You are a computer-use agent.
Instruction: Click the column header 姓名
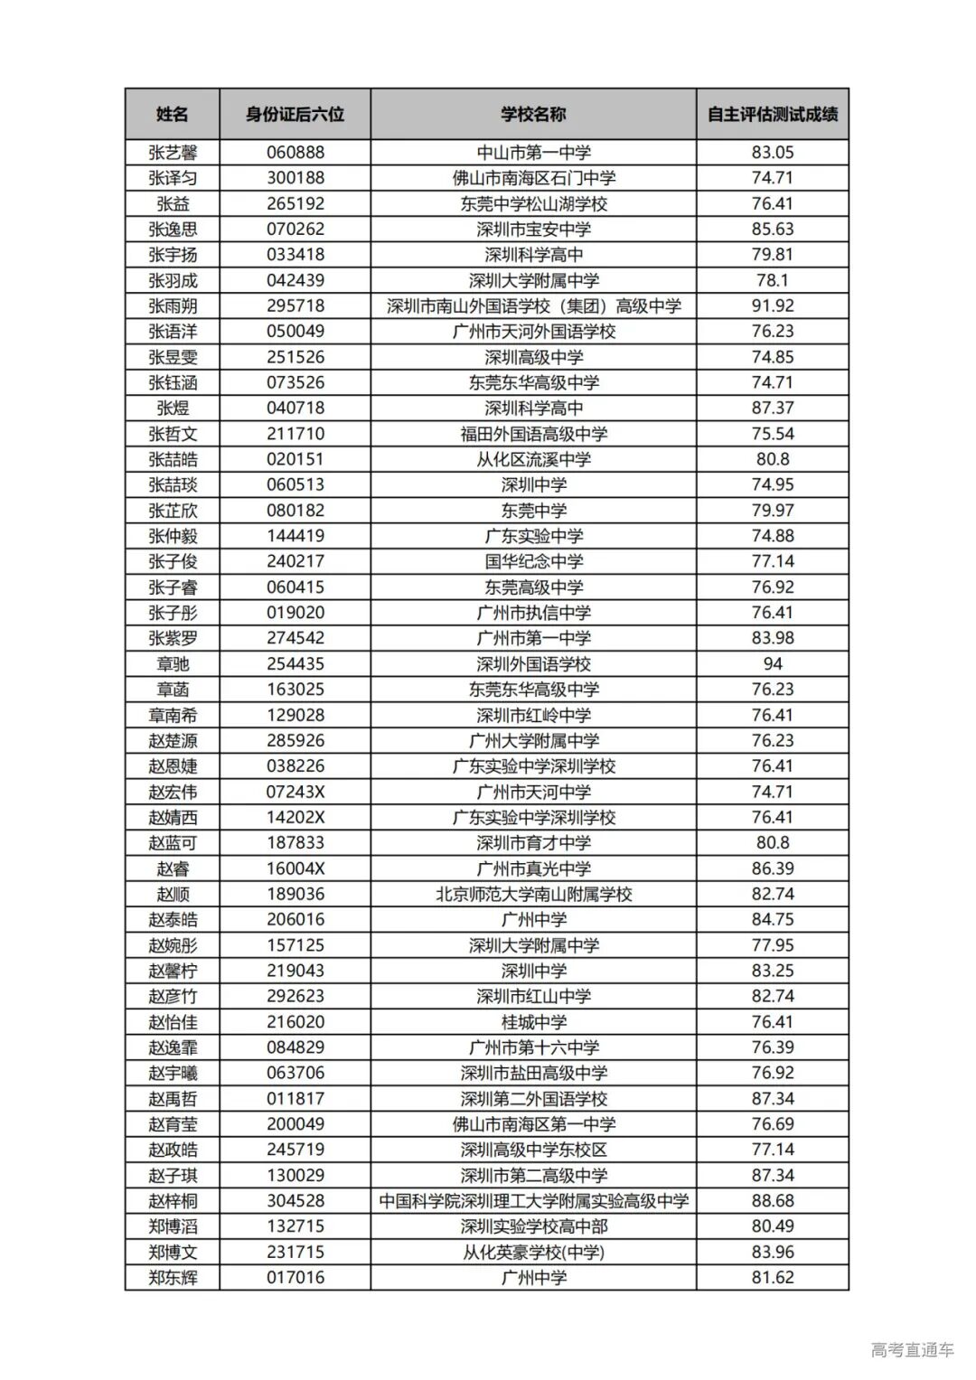coord(172,114)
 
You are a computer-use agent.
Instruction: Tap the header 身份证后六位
coord(295,114)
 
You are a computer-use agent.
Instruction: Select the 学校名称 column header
coord(533,114)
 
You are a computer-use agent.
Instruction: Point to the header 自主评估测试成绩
coord(772,114)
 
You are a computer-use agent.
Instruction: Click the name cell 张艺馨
coord(172,153)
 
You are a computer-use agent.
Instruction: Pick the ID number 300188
coord(295,178)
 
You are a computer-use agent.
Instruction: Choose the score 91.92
coord(772,306)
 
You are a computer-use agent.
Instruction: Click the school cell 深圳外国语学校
coord(533,664)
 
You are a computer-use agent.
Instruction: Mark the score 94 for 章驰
coord(772,664)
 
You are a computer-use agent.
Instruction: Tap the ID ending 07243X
coord(295,793)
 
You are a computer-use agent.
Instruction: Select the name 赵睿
coord(172,869)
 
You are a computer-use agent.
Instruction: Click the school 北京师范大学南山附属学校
coord(533,895)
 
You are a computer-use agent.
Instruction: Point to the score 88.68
coord(772,1201)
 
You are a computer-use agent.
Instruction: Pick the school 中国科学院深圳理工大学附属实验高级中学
coord(533,1201)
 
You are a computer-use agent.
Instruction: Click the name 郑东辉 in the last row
coord(172,1278)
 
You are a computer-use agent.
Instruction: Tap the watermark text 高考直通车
coord(912,1350)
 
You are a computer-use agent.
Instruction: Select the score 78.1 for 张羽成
coord(772,280)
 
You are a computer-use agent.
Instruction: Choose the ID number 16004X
coord(295,869)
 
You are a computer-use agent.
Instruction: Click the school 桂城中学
coord(533,1022)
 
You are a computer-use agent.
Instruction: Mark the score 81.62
coord(772,1278)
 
